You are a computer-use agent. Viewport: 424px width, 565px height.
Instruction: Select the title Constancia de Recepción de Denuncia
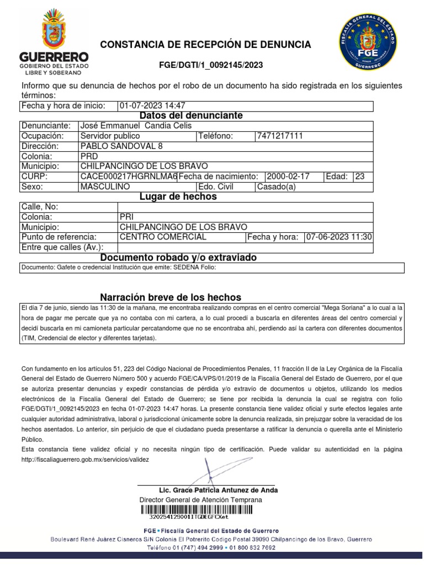click(x=205, y=45)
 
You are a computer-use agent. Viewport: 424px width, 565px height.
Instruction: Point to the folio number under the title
click(x=211, y=66)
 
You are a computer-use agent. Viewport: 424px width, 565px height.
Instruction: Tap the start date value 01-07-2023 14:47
click(x=152, y=105)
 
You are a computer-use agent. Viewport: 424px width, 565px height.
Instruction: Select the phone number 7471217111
click(x=280, y=136)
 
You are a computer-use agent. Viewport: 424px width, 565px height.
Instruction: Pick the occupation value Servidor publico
click(x=110, y=136)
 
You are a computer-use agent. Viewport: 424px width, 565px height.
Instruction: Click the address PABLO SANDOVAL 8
click(x=121, y=146)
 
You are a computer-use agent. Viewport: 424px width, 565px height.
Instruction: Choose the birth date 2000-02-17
click(x=288, y=177)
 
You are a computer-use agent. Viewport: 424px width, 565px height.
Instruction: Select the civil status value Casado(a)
click(x=276, y=186)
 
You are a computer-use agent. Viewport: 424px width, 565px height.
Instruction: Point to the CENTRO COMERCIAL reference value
click(x=163, y=237)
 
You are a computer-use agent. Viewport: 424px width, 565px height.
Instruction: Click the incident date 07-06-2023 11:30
click(x=338, y=237)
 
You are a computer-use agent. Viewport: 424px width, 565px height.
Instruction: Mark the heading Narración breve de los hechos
click(x=171, y=297)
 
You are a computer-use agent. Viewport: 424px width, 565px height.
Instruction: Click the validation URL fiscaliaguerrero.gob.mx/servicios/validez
click(x=85, y=459)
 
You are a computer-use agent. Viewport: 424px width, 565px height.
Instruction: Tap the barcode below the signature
click(x=188, y=510)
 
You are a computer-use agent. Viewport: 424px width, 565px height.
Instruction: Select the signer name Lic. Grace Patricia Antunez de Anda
click(x=218, y=490)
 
